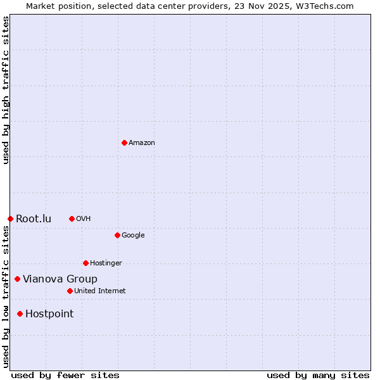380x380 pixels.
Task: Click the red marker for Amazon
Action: [x=124, y=142]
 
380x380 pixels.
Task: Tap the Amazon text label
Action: [x=142, y=143]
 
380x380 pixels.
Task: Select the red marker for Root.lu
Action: [x=10, y=218]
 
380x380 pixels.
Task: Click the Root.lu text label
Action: [x=34, y=219]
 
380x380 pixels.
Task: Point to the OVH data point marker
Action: [x=72, y=218]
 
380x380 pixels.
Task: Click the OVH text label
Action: [x=83, y=219]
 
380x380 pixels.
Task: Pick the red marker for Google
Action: [x=117, y=235]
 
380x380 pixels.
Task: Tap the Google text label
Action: [x=133, y=236]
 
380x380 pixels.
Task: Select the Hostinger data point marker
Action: [x=85, y=263]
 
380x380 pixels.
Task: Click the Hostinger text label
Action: [x=106, y=263]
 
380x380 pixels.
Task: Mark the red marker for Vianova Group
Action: [x=17, y=279]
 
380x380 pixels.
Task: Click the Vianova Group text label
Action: [x=60, y=279]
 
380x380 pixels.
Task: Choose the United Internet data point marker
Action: [x=70, y=291]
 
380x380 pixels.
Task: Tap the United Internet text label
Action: [x=100, y=291]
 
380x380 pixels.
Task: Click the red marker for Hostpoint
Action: [x=20, y=313]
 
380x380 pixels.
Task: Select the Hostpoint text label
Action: [x=49, y=314]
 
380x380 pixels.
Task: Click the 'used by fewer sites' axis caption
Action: [x=65, y=375]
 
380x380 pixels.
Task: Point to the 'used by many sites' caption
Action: [x=318, y=375]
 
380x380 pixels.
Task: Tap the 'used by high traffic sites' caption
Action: [x=6, y=90]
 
